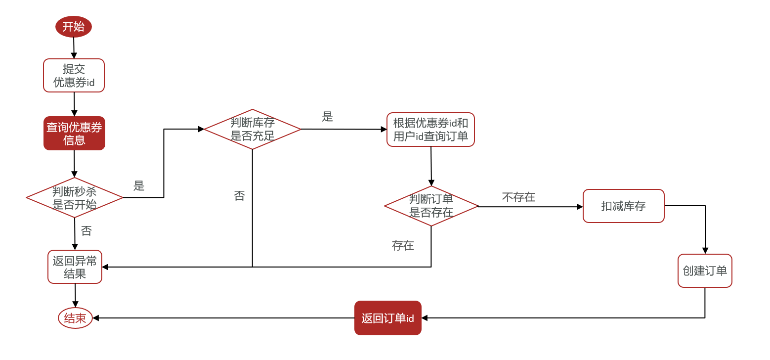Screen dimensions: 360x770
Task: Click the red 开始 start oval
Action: [74, 27]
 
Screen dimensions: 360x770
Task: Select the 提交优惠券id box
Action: [74, 76]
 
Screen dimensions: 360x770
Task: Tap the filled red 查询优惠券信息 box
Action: [74, 134]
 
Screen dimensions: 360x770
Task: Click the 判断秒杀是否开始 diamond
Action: [75, 198]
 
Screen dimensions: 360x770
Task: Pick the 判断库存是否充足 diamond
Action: [253, 129]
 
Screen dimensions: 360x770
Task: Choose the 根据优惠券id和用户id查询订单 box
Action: [430, 130]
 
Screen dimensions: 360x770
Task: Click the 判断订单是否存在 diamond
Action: [431, 206]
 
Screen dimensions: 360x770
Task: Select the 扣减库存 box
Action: [623, 206]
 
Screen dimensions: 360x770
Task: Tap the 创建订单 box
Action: [705, 271]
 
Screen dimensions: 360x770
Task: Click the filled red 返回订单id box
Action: [388, 318]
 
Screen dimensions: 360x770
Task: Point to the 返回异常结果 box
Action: [75, 267]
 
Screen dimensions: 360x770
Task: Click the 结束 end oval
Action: [75, 318]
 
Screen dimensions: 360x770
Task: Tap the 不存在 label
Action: [518, 197]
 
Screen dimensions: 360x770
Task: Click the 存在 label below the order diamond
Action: [403, 245]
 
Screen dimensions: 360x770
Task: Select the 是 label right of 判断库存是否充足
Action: [328, 117]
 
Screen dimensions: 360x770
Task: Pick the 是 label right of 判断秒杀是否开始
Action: [139, 186]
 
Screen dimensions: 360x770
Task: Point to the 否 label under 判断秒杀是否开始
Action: [86, 231]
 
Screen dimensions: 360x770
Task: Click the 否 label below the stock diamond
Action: [239, 196]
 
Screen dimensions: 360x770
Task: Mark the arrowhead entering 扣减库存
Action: [580, 207]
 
